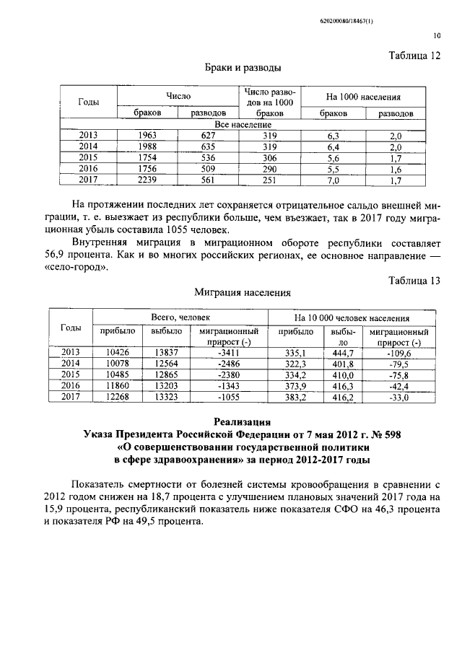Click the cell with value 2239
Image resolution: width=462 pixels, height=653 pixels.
(x=147, y=180)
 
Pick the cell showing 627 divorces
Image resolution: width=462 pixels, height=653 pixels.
(x=208, y=135)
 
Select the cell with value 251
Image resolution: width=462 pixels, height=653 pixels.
(x=269, y=180)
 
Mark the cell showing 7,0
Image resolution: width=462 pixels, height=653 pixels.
(x=333, y=180)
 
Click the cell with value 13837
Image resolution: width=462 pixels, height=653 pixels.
(x=166, y=352)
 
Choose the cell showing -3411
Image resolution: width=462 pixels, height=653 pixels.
(x=227, y=352)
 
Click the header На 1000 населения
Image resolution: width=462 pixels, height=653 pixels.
(x=364, y=97)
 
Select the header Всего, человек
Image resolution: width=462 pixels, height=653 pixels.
(x=180, y=317)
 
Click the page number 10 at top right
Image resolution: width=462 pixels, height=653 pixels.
(x=437, y=33)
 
